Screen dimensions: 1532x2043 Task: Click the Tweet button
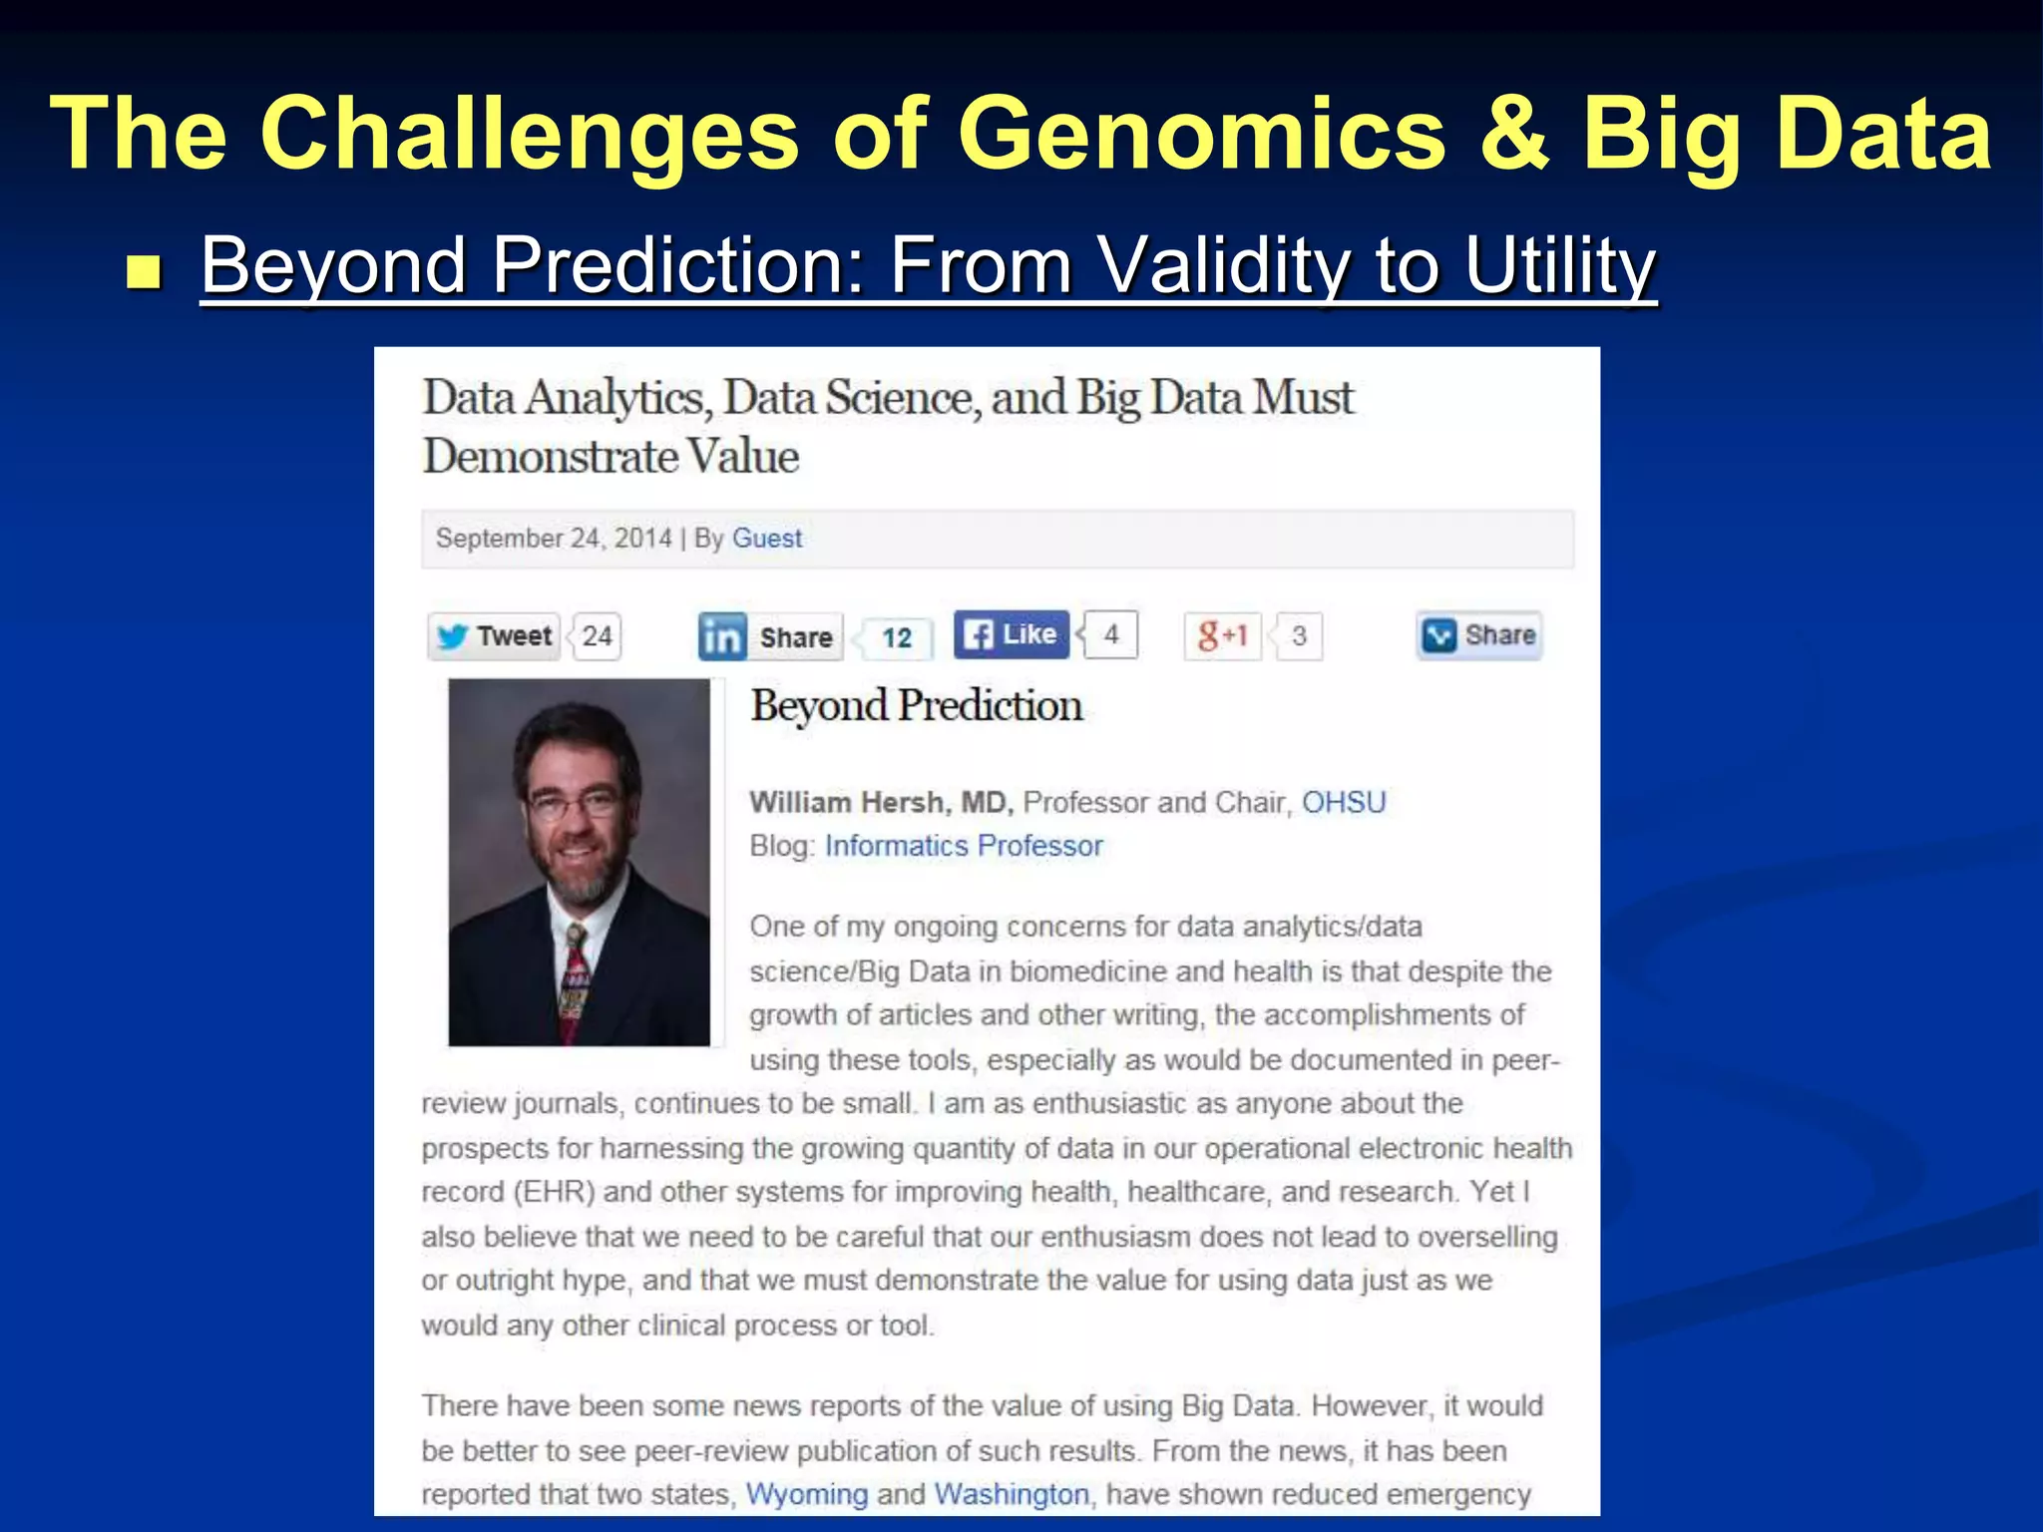(495, 636)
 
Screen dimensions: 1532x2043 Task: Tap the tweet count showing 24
(598, 636)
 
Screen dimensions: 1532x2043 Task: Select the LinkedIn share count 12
(897, 638)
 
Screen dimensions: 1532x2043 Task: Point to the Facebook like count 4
(1111, 634)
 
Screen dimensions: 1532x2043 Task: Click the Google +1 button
(1222, 635)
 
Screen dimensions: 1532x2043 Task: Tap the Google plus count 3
(1299, 636)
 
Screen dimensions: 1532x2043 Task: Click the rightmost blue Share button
(1479, 635)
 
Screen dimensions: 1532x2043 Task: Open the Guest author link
(766, 539)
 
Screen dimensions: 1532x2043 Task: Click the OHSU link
(1343, 803)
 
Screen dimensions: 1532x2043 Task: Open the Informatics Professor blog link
(963, 846)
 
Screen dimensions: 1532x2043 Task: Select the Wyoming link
(807, 1494)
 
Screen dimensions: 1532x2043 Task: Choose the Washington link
(1012, 1494)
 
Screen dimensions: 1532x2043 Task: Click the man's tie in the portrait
(575, 982)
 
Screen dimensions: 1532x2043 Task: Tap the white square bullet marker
(144, 271)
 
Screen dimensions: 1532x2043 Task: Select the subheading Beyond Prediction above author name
(916, 706)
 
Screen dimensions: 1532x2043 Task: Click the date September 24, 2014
(554, 539)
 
